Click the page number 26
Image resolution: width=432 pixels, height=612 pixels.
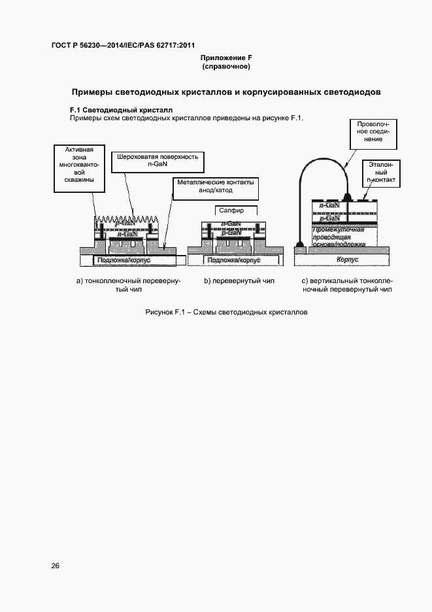click(x=55, y=566)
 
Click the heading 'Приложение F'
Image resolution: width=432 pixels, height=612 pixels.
click(x=227, y=58)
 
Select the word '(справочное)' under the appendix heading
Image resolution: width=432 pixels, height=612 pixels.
click(x=227, y=67)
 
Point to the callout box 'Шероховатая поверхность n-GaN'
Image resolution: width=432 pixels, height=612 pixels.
click(x=155, y=161)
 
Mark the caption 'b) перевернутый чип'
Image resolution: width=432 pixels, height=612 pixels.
click(x=239, y=281)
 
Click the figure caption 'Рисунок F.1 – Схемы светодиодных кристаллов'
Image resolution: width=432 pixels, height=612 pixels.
click(x=226, y=313)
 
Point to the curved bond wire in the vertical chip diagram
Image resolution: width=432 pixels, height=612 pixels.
click(x=320, y=163)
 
